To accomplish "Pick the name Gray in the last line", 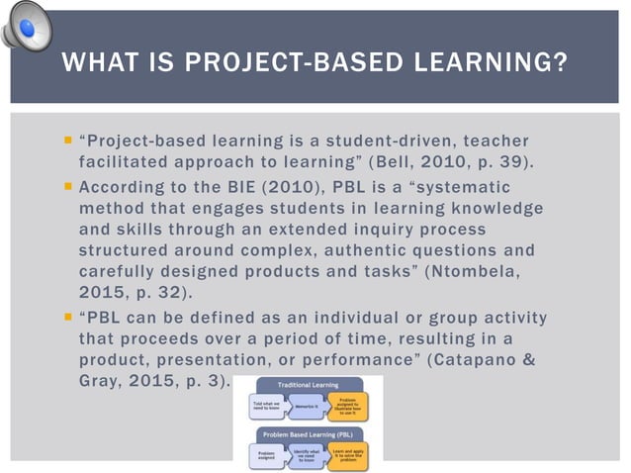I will pos(99,381).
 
